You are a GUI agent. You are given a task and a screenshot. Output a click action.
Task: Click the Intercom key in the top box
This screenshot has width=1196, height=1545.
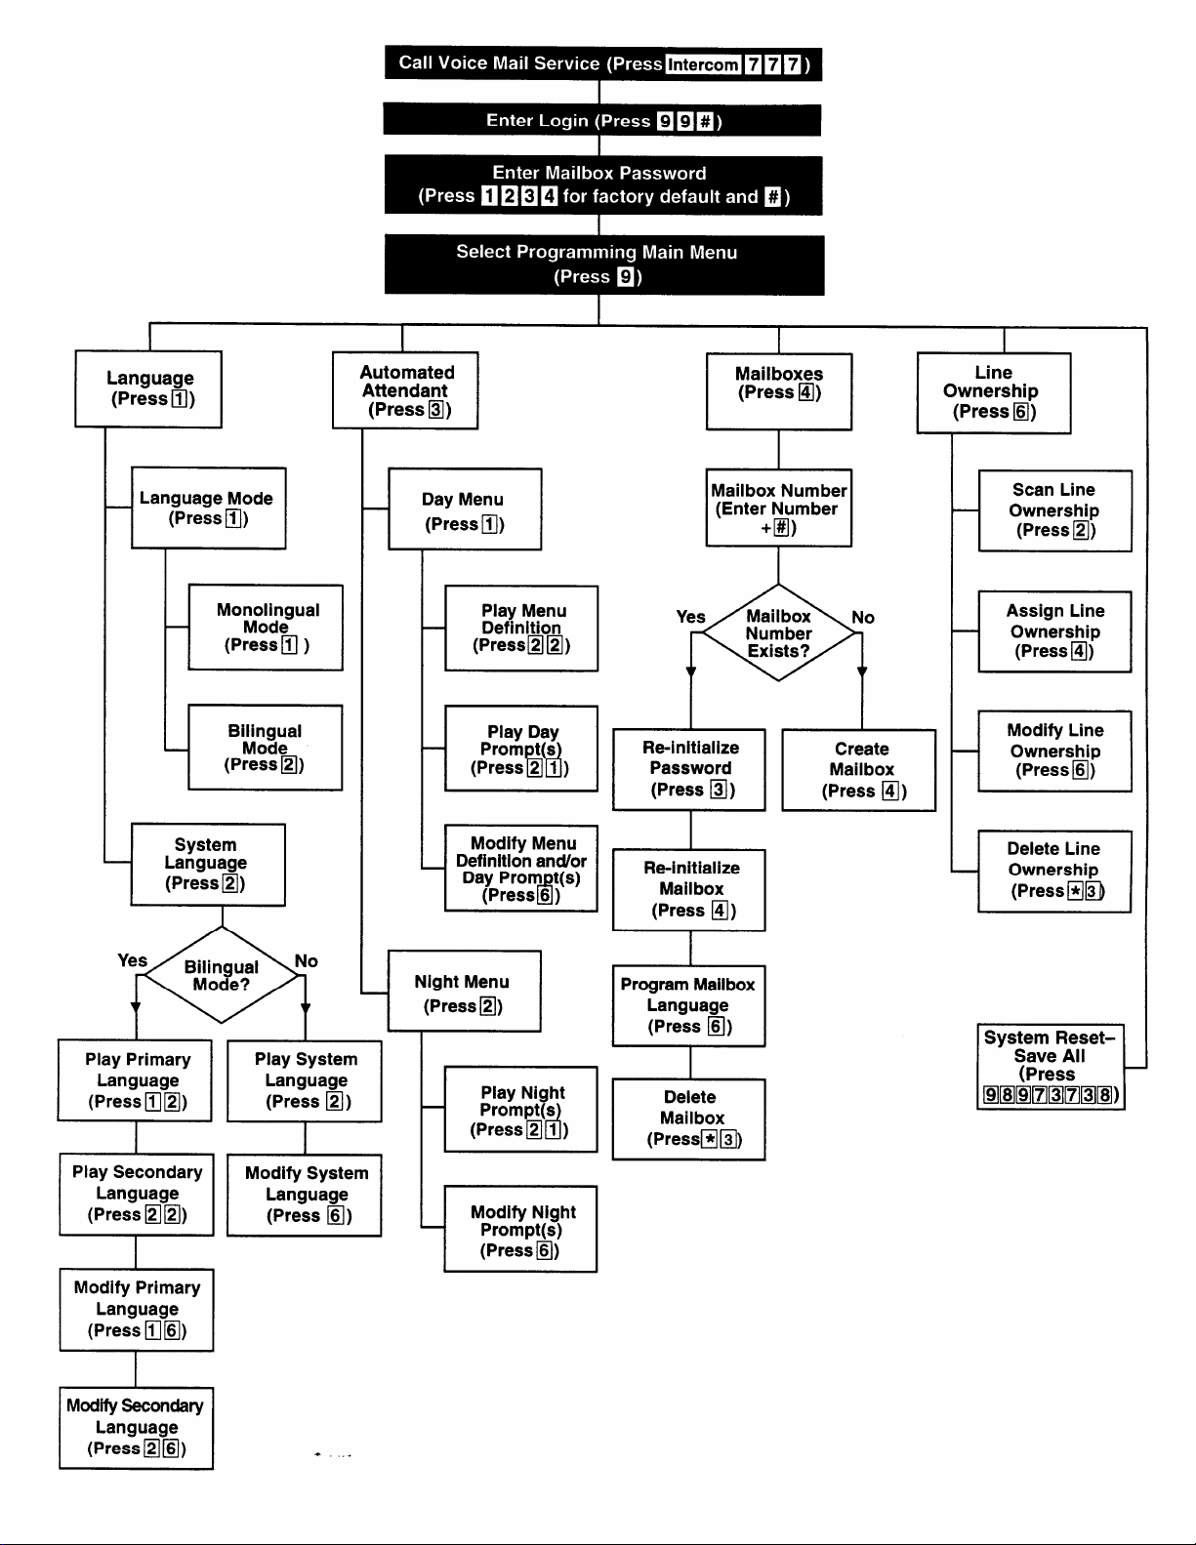click(703, 64)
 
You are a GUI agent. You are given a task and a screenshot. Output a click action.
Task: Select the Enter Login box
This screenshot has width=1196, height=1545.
click(602, 119)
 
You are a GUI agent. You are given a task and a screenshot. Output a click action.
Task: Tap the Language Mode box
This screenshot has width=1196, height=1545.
click(208, 508)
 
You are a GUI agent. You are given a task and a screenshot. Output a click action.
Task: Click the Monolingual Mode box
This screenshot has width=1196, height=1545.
click(266, 628)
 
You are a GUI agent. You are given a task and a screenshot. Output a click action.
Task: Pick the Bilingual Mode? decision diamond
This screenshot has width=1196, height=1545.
click(222, 975)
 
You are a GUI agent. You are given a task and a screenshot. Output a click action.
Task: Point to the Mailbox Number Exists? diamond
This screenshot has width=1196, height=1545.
click(778, 632)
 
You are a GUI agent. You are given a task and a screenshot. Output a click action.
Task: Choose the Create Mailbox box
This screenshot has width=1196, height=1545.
click(859, 770)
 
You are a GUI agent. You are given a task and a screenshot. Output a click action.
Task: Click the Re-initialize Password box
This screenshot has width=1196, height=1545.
click(689, 769)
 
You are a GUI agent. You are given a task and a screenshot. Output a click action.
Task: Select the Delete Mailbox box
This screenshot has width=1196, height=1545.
click(689, 1119)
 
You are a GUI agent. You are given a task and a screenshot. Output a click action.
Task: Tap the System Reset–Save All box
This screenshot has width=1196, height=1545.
click(1051, 1067)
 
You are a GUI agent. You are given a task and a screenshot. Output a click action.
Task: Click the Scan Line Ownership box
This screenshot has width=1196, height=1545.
click(1055, 510)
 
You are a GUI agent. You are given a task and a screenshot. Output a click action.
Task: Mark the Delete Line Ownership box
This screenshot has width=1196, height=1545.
click(1054, 871)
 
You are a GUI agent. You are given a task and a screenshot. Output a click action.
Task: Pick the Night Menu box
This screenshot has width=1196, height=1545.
click(465, 991)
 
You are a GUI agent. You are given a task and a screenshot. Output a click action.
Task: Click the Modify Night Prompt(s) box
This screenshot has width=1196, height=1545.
click(520, 1229)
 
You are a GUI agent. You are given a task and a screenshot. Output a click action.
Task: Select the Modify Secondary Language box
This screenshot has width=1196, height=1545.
click(136, 1428)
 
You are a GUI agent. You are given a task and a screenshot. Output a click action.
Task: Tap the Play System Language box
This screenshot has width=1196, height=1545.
click(305, 1080)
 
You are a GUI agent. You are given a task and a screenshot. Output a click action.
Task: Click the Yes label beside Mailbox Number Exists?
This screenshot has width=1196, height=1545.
click(690, 617)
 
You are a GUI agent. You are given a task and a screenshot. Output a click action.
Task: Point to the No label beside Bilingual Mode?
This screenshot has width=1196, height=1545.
click(306, 960)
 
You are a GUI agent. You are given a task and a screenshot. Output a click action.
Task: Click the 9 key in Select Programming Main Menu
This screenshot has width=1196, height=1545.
click(625, 276)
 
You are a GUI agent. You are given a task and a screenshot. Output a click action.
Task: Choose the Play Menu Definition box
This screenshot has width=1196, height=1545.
click(521, 628)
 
